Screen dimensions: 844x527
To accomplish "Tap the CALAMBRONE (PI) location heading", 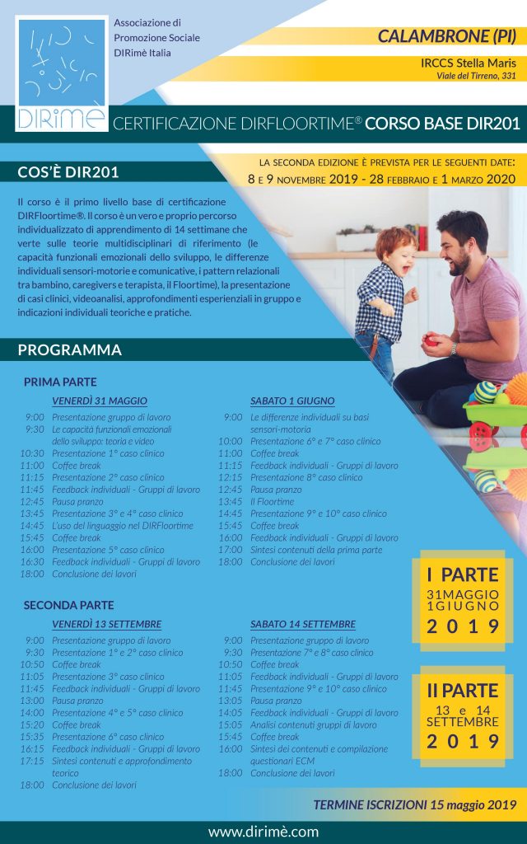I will pyautogui.click(x=447, y=36).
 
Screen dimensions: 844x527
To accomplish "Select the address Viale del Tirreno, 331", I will pyautogui.click(x=476, y=76).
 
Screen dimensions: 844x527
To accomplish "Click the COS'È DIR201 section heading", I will pyautogui.click(x=68, y=172).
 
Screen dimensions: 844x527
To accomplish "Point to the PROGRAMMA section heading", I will pyautogui.click(x=70, y=350).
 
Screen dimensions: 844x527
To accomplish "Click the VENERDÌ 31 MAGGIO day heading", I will pyautogui.click(x=100, y=401).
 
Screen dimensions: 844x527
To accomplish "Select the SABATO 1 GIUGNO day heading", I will pyautogui.click(x=292, y=401).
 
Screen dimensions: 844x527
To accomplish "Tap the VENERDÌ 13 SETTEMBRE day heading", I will pyautogui.click(x=106, y=624).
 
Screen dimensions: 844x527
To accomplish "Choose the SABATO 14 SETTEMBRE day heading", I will pyautogui.click(x=303, y=624).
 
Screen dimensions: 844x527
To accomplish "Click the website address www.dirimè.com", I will pyautogui.click(x=263, y=832).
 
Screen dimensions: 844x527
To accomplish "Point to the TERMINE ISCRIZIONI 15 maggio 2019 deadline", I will pyautogui.click(x=414, y=804).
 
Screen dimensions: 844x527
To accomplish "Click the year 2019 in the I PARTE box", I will pyautogui.click(x=463, y=626).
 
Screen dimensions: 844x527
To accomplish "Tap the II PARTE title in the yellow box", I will pyautogui.click(x=463, y=690).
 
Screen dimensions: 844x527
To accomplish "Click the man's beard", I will pyautogui.click(x=455, y=266).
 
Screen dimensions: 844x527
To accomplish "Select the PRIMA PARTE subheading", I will pyautogui.click(x=60, y=382).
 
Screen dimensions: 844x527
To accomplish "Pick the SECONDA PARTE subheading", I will pyautogui.click(x=68, y=605).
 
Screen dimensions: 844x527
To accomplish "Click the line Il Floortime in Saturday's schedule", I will pyautogui.click(x=273, y=501).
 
